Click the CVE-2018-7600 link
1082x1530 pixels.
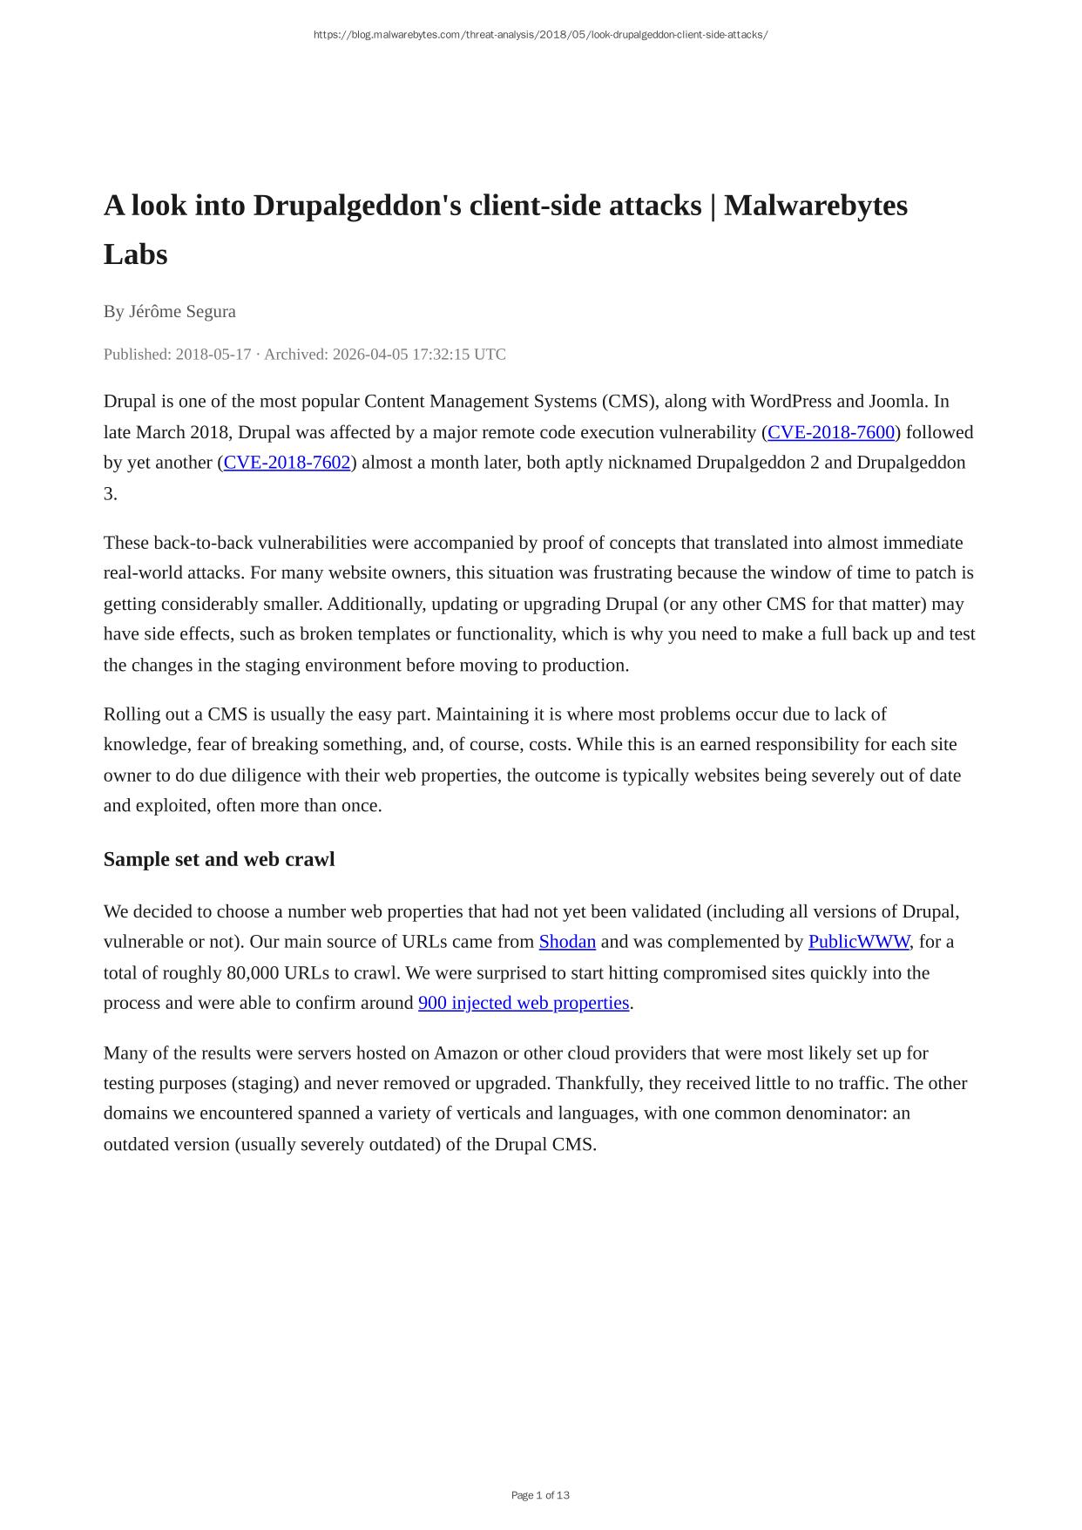coord(831,432)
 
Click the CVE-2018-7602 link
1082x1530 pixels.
coord(287,463)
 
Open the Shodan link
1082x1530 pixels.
coord(567,942)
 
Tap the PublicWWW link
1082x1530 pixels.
coord(858,942)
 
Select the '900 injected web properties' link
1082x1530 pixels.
coord(524,1003)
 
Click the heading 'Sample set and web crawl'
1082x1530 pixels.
coord(219,859)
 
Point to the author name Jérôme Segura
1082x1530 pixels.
coord(182,312)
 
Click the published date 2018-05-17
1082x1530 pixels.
coord(213,355)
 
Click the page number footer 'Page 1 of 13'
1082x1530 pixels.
coord(540,1495)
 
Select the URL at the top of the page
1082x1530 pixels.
coord(540,35)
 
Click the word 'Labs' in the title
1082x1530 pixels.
coord(135,254)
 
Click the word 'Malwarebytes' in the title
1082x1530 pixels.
coord(815,206)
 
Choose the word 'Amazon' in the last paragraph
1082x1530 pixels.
coord(466,1053)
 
